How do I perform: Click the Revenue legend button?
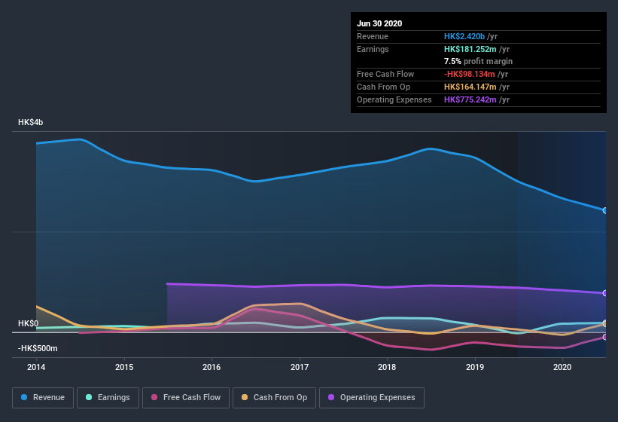(43, 397)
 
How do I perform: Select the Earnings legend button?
(107, 397)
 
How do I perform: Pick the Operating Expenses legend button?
(371, 397)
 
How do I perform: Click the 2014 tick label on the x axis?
(36, 367)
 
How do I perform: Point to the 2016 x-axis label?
(212, 367)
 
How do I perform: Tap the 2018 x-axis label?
(387, 367)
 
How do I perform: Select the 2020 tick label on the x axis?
(562, 367)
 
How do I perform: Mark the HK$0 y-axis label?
(29, 323)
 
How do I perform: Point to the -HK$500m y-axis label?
(38, 348)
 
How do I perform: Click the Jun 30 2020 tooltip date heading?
(379, 23)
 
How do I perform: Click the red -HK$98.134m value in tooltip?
(470, 74)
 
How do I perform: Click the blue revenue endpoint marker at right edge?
(605, 210)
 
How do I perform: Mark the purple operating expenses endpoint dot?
(605, 293)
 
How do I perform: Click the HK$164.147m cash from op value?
(470, 87)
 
